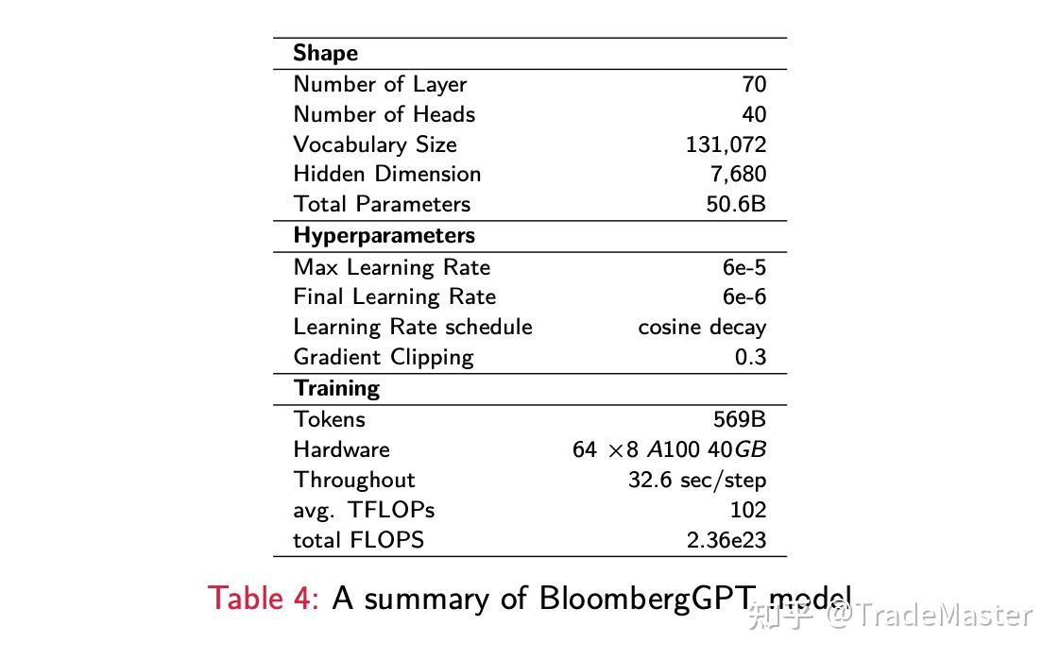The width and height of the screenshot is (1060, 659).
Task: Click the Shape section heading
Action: [x=325, y=53]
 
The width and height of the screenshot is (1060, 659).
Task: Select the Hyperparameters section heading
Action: [x=384, y=235]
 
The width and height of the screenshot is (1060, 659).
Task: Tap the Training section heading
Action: [x=336, y=388]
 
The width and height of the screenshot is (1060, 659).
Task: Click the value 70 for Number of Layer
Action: [x=754, y=84]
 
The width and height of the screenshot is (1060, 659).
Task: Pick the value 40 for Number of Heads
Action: [x=754, y=114]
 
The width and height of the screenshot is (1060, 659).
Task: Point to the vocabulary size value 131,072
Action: [x=726, y=144]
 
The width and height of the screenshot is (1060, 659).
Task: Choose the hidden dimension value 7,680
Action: [x=738, y=175]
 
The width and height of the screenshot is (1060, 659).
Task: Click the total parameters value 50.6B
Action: [x=736, y=204]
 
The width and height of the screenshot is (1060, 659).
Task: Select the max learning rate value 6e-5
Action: [x=744, y=267]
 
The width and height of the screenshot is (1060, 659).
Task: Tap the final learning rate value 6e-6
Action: [x=744, y=296]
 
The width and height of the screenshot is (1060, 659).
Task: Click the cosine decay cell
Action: [x=702, y=327]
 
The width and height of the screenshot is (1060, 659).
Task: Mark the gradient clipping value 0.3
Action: [x=750, y=357]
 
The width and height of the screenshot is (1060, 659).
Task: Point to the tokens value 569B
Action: [x=740, y=419]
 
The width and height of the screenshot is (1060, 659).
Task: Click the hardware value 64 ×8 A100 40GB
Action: [x=669, y=449]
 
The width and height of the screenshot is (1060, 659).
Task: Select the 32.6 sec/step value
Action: [x=696, y=480]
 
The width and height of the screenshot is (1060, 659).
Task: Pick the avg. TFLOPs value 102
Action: [x=748, y=510]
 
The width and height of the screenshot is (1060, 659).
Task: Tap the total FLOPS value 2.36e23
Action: [x=727, y=540]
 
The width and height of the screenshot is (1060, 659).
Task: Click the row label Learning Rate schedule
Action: [x=413, y=327]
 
